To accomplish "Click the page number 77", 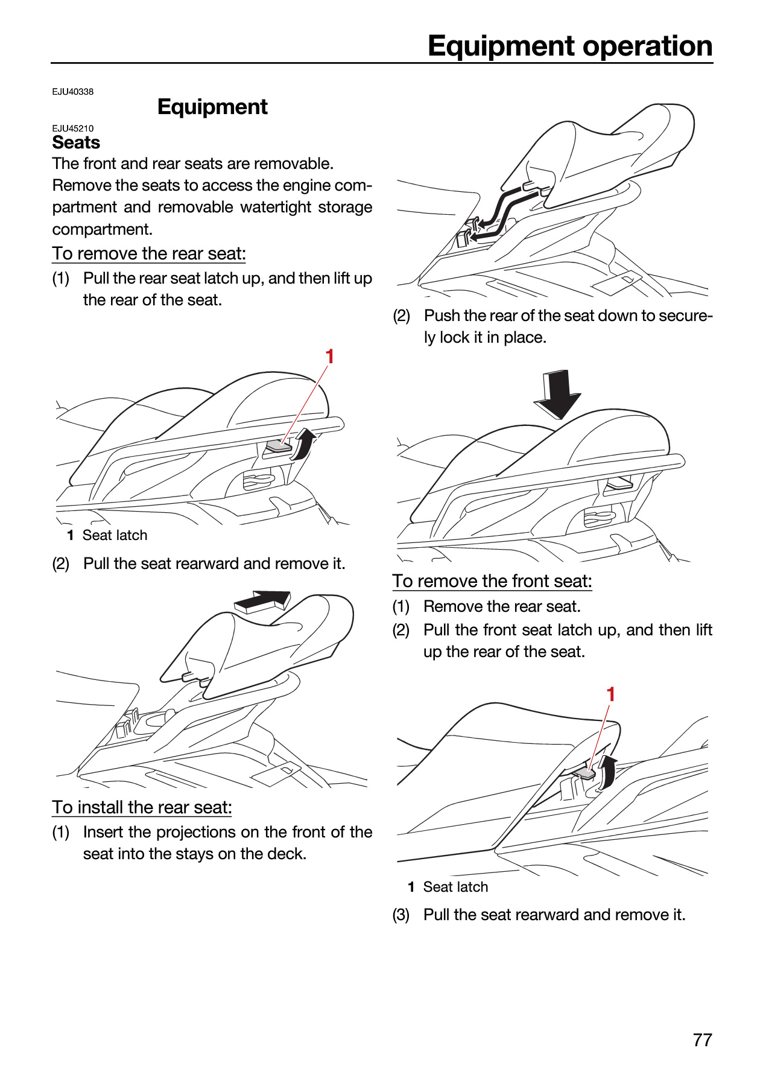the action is pos(703,1040).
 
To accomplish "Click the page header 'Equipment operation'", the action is pos(570,46).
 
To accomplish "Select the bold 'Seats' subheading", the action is pos(76,142).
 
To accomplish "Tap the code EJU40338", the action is pos(73,92).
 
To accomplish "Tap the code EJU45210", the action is pos(73,129).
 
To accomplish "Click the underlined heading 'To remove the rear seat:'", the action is pos(149,254).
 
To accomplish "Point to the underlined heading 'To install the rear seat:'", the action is pos(142,807).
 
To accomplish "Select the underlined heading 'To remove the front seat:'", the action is pos(492,581).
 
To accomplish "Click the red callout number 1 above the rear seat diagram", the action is pos(330,357).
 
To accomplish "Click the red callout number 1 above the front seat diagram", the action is pos(611,694).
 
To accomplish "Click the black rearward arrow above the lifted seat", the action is pos(262,601).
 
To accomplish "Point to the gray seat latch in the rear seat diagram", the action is pos(279,446).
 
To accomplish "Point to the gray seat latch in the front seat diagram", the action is pos(583,772).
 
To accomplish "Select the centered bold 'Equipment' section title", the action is pos(212,107).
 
